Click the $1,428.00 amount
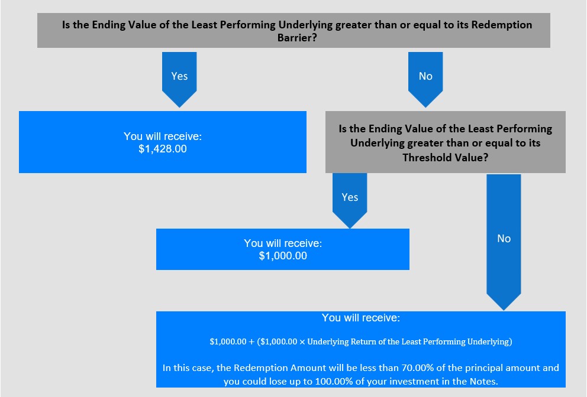163,149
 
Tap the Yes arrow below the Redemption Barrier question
179,79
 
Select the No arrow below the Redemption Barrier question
425,79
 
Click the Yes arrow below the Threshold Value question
350,200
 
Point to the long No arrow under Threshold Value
504,242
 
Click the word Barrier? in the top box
297,38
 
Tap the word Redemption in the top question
502,25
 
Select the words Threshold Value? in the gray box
446,157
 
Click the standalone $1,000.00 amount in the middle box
283,256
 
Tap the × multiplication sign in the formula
302,341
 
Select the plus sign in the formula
251,341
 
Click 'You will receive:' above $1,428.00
163,136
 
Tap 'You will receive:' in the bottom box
361,318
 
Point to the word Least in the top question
204,25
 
